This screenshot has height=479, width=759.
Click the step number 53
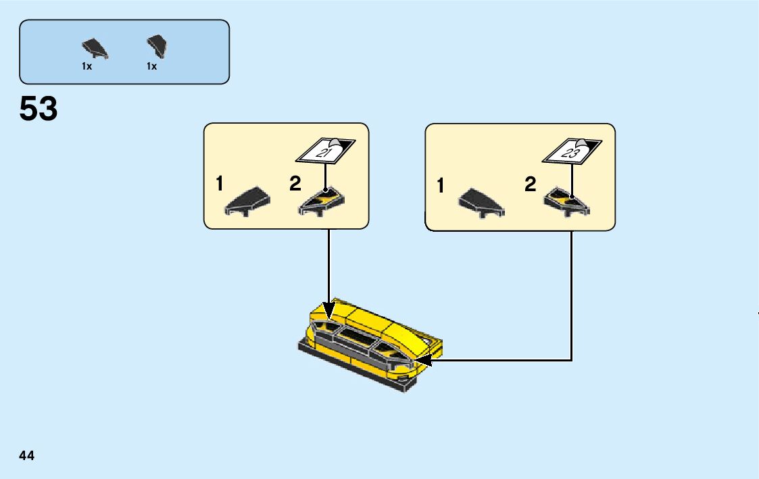[39, 109]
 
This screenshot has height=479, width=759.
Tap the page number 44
[27, 456]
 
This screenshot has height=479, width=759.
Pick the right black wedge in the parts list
[157, 47]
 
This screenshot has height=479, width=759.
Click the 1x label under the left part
[87, 67]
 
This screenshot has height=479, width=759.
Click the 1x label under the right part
[151, 67]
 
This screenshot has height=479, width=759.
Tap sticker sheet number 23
[570, 153]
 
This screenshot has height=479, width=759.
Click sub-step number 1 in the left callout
[219, 184]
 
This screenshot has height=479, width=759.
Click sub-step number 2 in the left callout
[295, 184]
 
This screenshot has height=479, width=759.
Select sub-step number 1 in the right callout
[441, 186]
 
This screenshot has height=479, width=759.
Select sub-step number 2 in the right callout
[531, 184]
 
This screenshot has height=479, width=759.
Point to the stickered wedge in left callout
[322, 201]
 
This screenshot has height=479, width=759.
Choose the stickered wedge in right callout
[569, 201]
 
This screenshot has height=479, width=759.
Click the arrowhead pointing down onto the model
[329, 313]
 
